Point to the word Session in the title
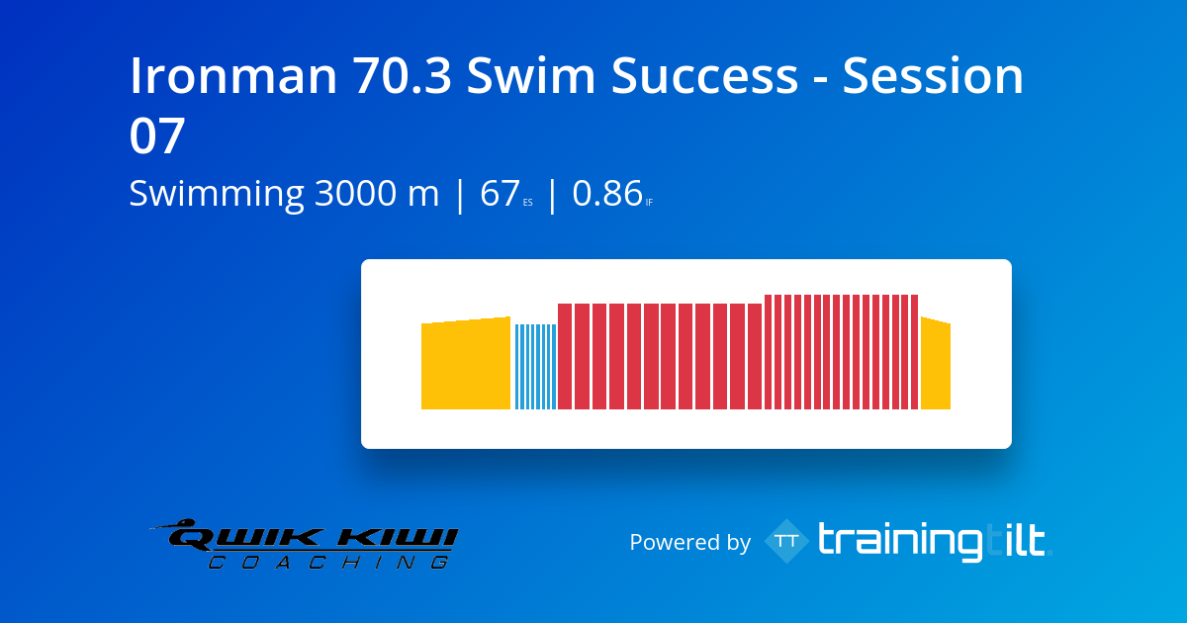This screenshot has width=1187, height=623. (x=933, y=77)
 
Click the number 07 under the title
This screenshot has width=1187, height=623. (x=158, y=136)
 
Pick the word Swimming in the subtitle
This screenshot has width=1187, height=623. (x=217, y=194)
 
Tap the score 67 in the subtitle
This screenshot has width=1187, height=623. (x=500, y=194)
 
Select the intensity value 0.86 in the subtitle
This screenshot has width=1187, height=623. (x=607, y=194)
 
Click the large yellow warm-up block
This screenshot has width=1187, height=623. (x=465, y=365)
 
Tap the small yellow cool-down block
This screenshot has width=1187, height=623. (x=935, y=365)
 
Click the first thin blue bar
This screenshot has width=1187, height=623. (x=517, y=367)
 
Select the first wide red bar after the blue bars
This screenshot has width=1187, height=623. (x=565, y=356)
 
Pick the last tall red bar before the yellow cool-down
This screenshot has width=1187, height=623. (x=914, y=352)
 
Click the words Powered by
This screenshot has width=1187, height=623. (x=689, y=542)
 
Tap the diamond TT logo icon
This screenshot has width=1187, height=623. (x=786, y=541)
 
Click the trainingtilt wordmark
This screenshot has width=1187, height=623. (x=932, y=541)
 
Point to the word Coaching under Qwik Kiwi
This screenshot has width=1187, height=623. (x=326, y=563)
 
